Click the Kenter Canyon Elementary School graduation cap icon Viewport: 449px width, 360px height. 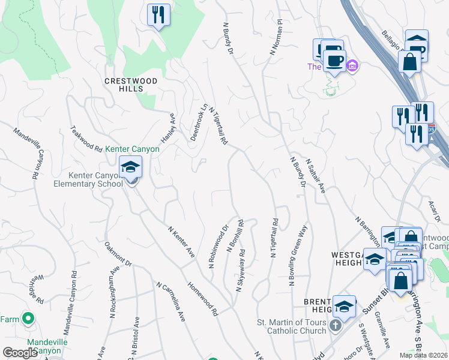[130, 169]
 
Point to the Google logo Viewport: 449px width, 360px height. [20, 353]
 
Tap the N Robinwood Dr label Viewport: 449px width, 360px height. [218, 246]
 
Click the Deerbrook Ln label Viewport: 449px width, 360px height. [198, 122]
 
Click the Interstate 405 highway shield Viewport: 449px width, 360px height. [432, 128]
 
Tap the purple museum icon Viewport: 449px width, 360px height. [352, 65]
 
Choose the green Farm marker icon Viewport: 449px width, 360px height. [27, 318]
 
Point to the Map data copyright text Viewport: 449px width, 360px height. [423, 355]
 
